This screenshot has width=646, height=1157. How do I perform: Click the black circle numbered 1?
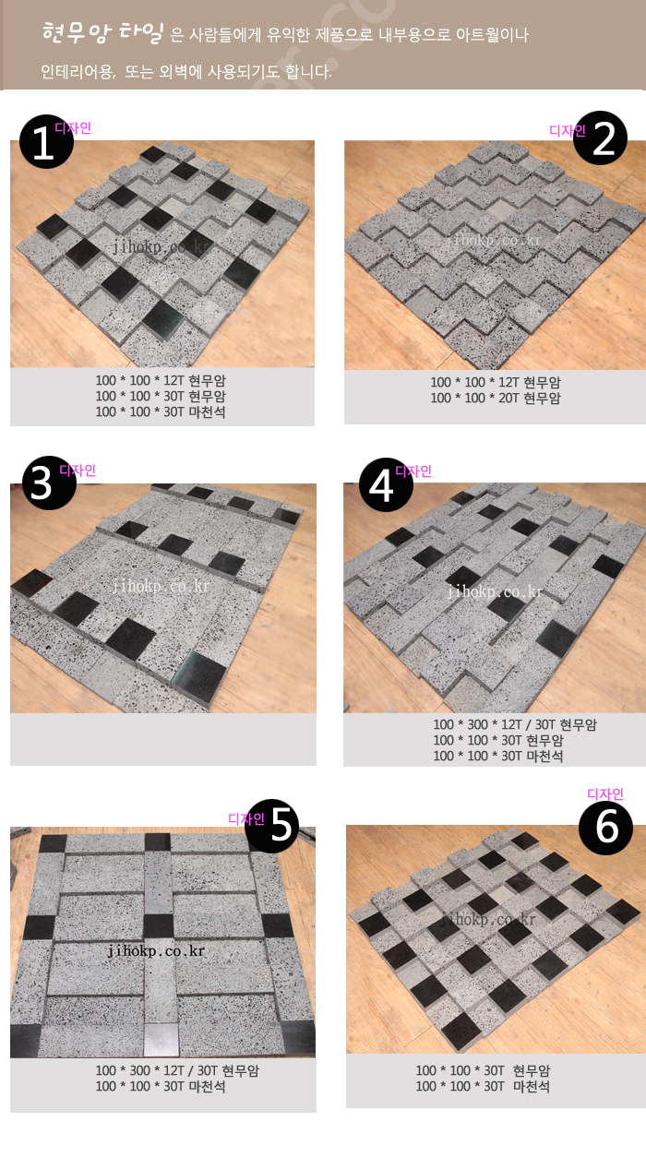click(x=46, y=141)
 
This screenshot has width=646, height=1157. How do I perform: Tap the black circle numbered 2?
click(x=601, y=137)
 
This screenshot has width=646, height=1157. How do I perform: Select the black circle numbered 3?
click(x=49, y=483)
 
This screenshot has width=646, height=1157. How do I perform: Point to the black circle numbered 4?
click(x=386, y=485)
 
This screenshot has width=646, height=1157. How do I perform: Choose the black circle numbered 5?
click(x=272, y=826)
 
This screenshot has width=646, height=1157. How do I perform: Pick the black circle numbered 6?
click(x=605, y=828)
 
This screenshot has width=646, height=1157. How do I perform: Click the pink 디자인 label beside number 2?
click(x=568, y=131)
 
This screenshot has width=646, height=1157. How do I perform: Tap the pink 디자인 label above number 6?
click(x=605, y=793)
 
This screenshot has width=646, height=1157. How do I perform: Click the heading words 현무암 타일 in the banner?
click(x=102, y=32)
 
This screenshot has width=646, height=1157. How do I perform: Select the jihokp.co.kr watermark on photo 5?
click(x=156, y=951)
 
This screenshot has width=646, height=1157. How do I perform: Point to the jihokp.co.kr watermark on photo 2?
click(x=494, y=240)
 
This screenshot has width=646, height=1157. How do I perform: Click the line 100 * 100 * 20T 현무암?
click(x=496, y=399)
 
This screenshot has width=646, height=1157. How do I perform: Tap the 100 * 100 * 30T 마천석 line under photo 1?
click(x=161, y=412)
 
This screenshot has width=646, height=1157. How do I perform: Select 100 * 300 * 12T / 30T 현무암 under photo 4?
click(x=515, y=724)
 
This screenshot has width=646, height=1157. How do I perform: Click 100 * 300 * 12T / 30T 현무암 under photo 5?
click(x=177, y=1071)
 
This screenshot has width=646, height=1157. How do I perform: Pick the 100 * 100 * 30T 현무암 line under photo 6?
click(x=484, y=1071)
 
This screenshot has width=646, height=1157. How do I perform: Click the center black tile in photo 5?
click(x=159, y=926)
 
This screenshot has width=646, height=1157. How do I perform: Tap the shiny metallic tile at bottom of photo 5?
click(x=161, y=1039)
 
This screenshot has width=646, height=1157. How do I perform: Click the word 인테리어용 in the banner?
click(x=78, y=71)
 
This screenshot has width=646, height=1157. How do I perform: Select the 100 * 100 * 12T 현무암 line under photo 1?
click(x=161, y=381)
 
